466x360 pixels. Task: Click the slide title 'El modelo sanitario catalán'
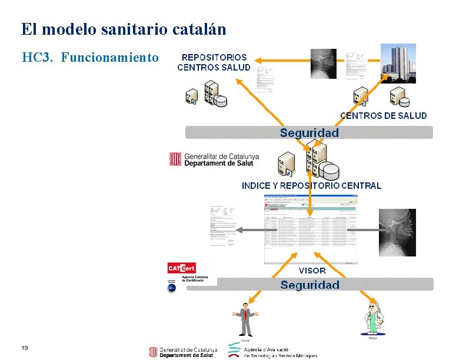(x=123, y=29)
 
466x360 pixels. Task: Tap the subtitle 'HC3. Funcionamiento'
(x=90, y=58)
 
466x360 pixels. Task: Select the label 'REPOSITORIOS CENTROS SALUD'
(x=214, y=62)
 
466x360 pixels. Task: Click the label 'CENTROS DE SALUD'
(x=384, y=116)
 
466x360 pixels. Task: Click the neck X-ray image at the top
(x=324, y=64)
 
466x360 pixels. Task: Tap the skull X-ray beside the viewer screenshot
(x=397, y=232)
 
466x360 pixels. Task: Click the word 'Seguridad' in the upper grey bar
(x=309, y=133)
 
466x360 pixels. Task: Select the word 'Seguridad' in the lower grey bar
(x=309, y=285)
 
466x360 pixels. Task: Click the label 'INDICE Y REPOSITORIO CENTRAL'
(x=311, y=186)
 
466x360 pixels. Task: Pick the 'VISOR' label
(x=312, y=271)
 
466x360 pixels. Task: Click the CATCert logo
(x=182, y=269)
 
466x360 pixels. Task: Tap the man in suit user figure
(x=244, y=318)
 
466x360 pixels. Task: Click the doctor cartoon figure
(x=372, y=319)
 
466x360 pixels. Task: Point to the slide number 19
(x=25, y=348)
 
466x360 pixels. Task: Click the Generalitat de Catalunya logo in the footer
(x=183, y=351)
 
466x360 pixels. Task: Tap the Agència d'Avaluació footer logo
(x=273, y=351)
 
